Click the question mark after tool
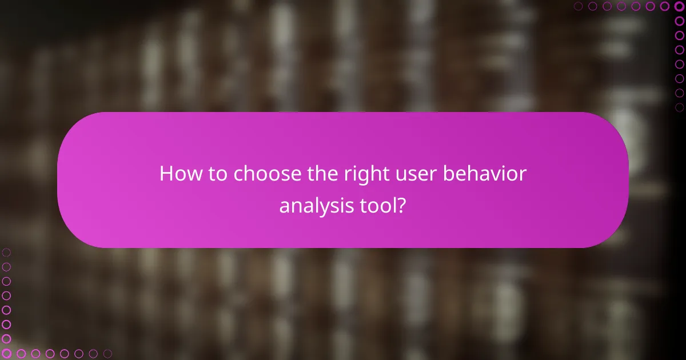click(x=402, y=206)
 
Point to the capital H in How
click(x=166, y=174)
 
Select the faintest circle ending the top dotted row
click(x=578, y=6)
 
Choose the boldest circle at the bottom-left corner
click(x=6, y=354)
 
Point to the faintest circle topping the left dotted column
click(x=6, y=252)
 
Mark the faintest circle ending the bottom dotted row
click(x=107, y=354)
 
